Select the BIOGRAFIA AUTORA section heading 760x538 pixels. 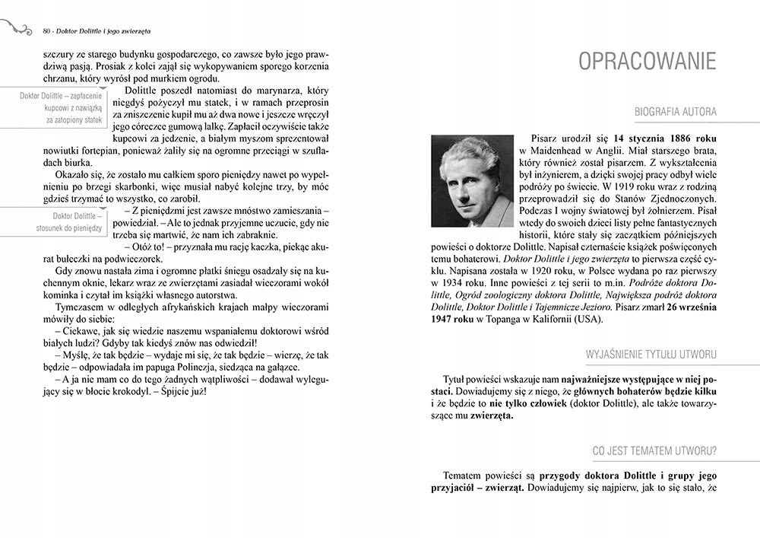click(x=676, y=113)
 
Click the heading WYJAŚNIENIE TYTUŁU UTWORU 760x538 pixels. click(x=651, y=354)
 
